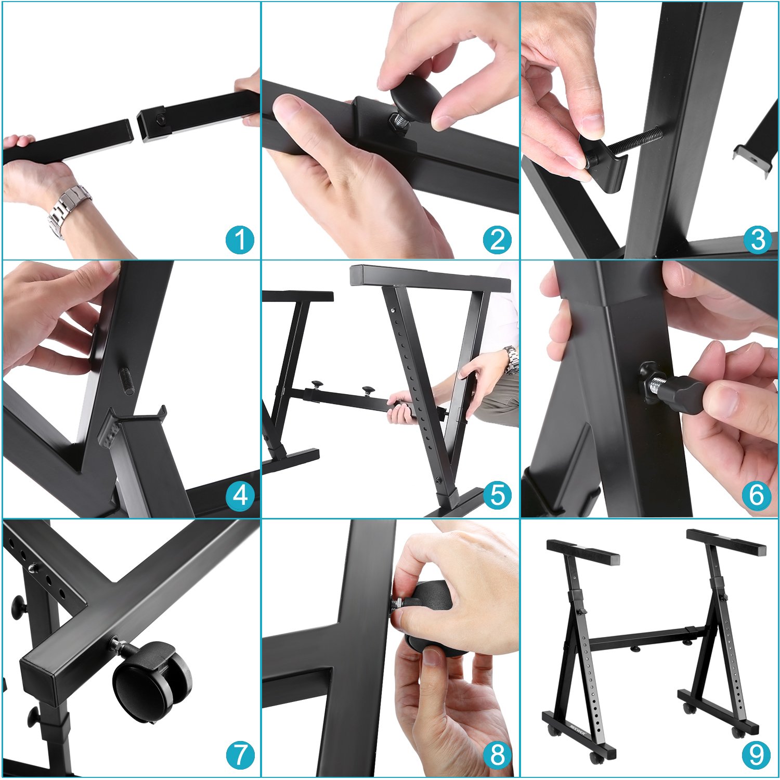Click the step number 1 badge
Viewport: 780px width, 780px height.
pos(240,240)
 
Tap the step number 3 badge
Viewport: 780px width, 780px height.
pos(758,240)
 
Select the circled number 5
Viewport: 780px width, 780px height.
pos(498,495)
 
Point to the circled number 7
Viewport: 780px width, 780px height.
pos(240,755)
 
